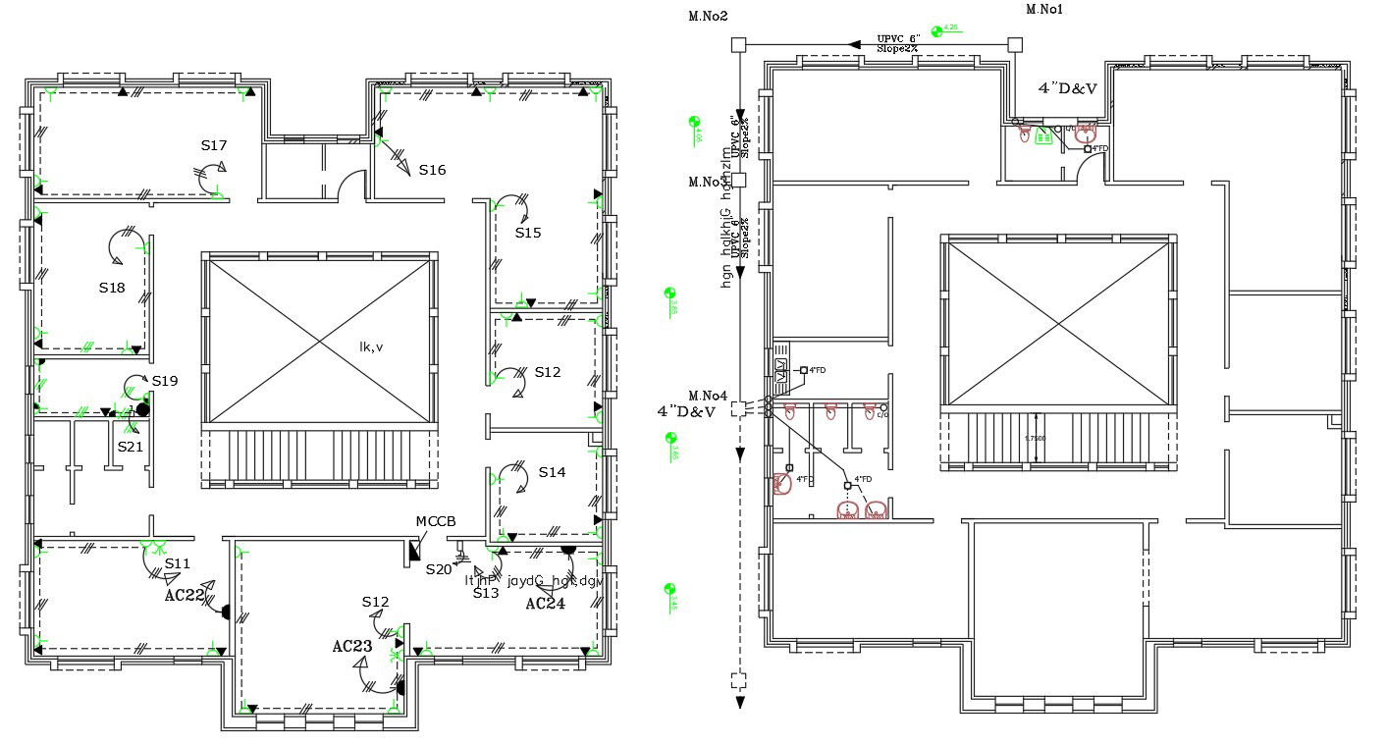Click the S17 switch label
click(214, 145)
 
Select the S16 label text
click(432, 170)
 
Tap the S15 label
click(528, 233)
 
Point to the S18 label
click(112, 288)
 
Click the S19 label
click(165, 381)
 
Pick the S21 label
click(131, 447)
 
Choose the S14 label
click(552, 472)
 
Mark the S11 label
click(178, 563)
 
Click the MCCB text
click(436, 521)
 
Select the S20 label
click(439, 569)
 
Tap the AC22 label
click(185, 595)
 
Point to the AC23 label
click(351, 646)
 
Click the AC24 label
click(545, 604)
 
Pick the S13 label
click(486, 593)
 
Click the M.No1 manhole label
click(1044, 10)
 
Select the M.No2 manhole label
click(708, 16)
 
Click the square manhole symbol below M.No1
click(1015, 44)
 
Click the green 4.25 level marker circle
click(937, 30)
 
